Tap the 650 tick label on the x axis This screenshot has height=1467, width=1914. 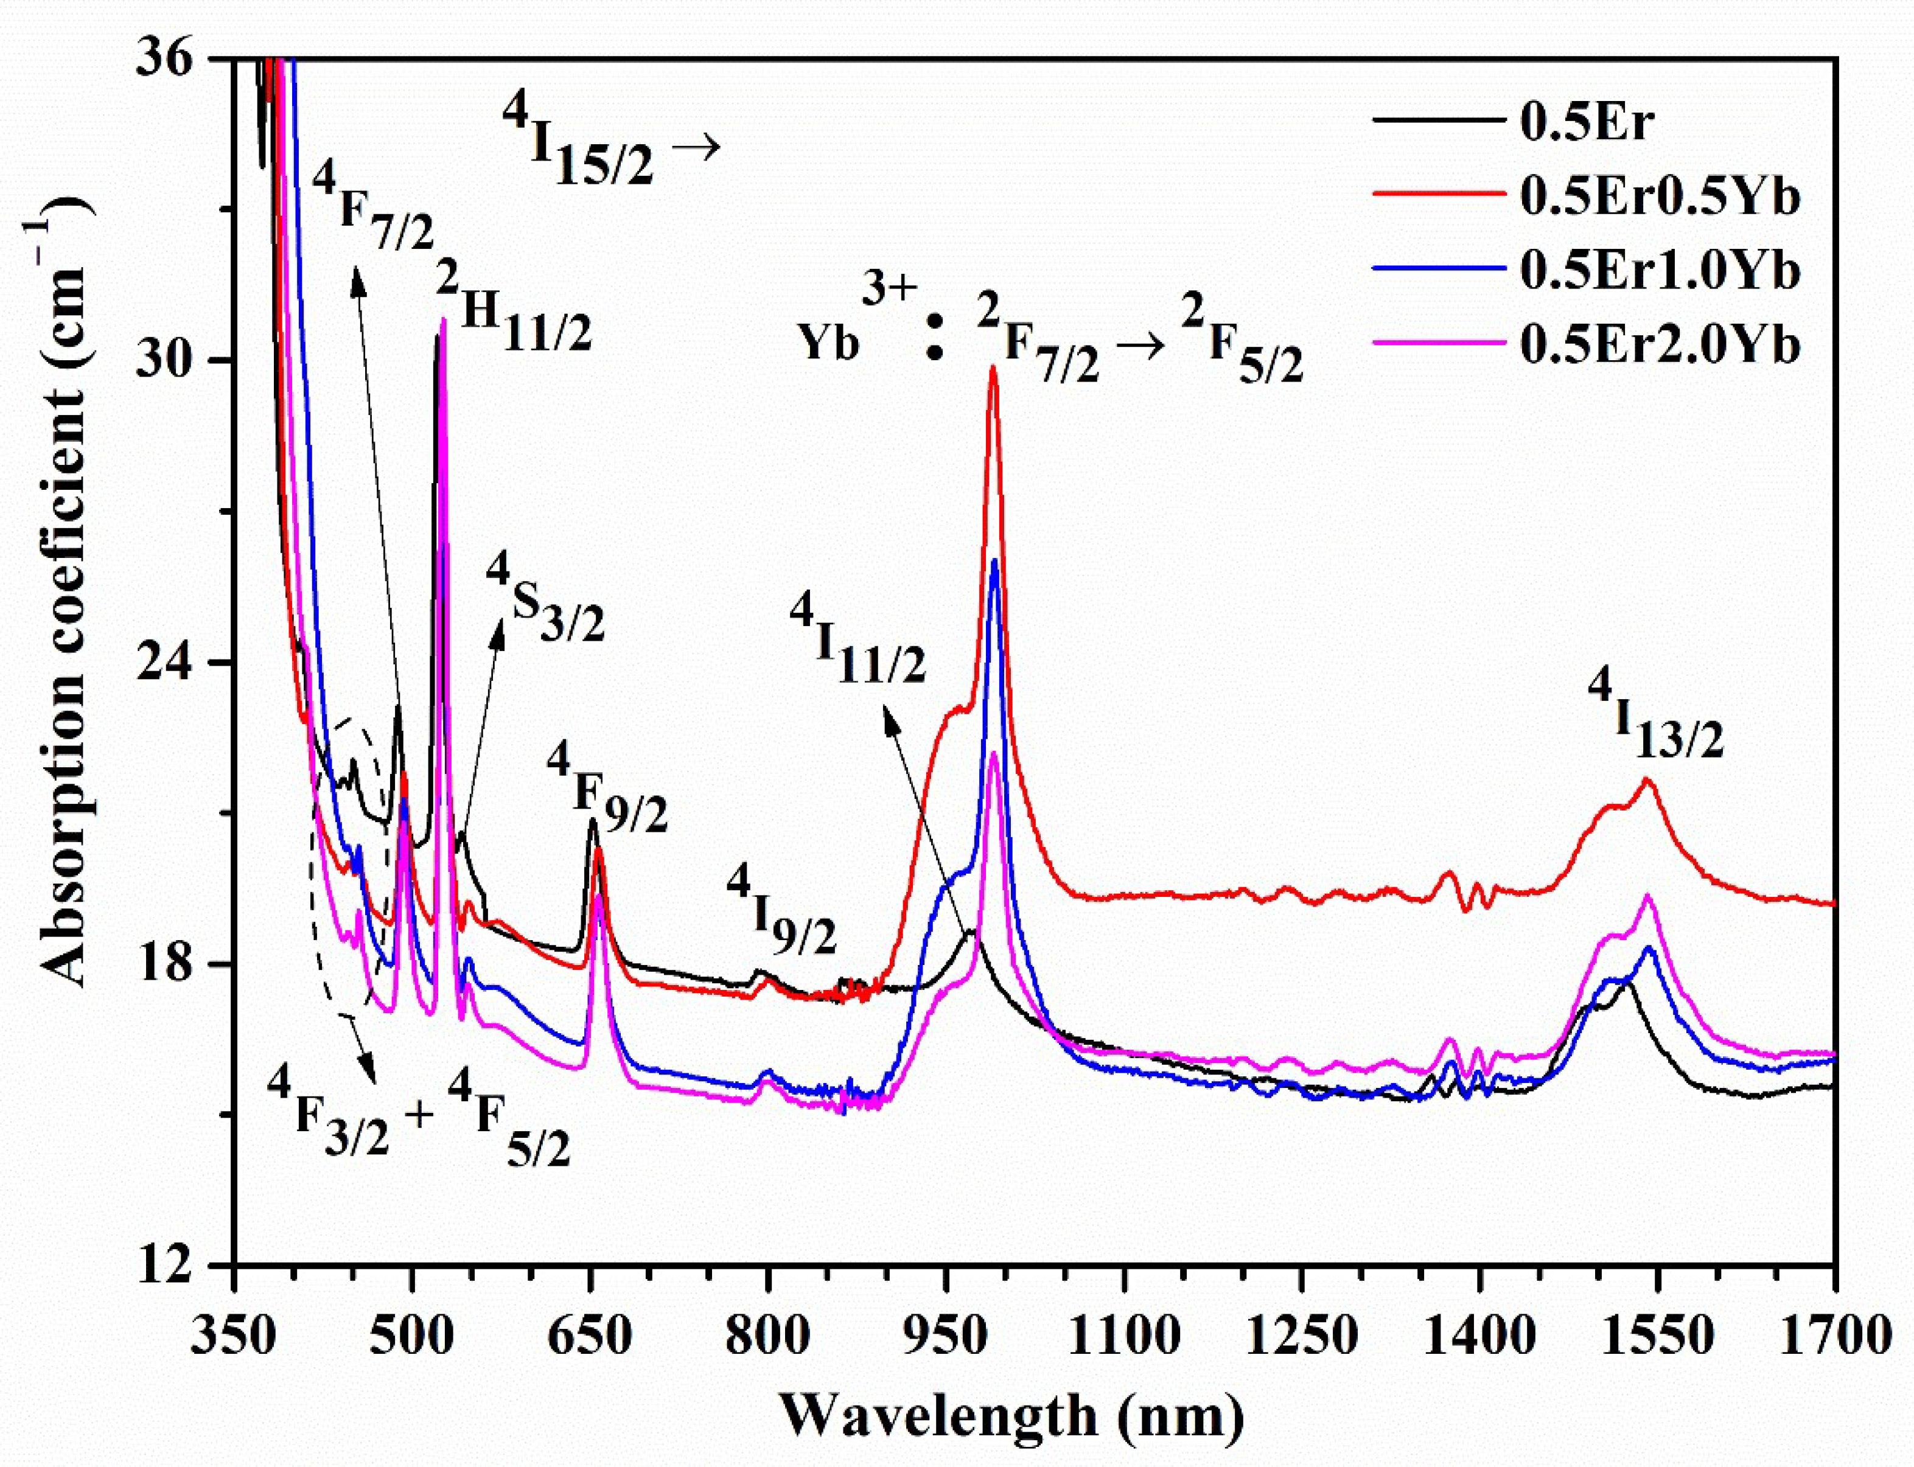pos(590,1336)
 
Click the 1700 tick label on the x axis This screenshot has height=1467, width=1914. pos(1834,1336)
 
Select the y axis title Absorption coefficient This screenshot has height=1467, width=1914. pos(66,594)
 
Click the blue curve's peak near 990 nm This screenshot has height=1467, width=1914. pos(994,560)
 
